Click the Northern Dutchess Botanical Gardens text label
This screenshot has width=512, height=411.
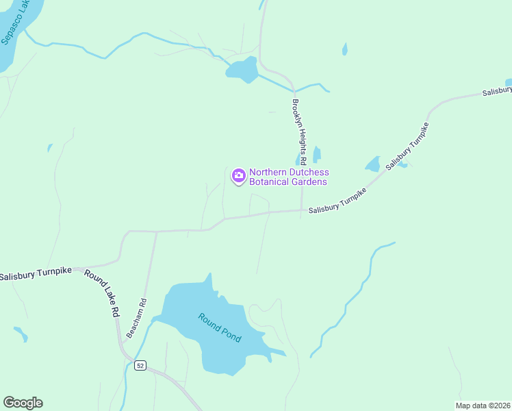288,177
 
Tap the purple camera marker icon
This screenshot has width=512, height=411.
238,176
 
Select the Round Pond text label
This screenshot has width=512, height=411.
220,327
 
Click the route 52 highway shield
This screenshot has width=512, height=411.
140,366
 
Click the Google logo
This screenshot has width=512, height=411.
23,403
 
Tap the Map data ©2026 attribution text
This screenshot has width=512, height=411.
483,406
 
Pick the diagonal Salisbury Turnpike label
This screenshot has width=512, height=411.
407,147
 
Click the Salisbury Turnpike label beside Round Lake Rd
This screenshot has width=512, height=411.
36,275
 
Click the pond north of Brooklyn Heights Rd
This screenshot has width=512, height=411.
242,69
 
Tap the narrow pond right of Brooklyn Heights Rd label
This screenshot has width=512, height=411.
316,155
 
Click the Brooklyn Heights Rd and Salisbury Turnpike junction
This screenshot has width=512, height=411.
302,210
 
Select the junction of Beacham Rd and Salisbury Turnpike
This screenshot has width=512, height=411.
156,232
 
